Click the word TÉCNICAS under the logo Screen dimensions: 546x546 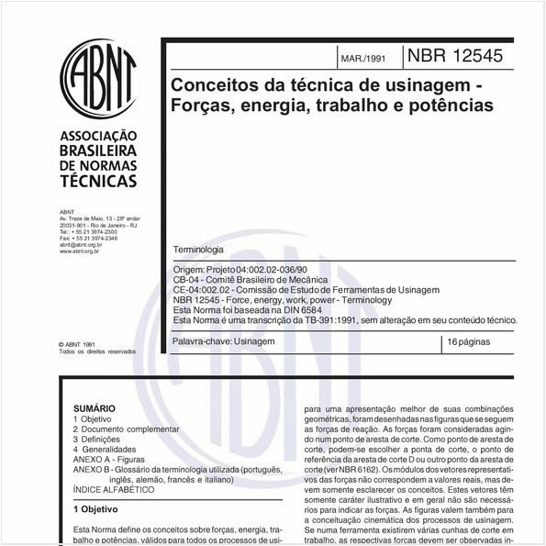(x=97, y=183)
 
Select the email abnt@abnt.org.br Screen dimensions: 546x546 (x=84, y=245)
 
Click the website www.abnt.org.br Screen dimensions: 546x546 (x=84, y=251)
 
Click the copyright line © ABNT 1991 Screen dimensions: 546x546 (x=83, y=343)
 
